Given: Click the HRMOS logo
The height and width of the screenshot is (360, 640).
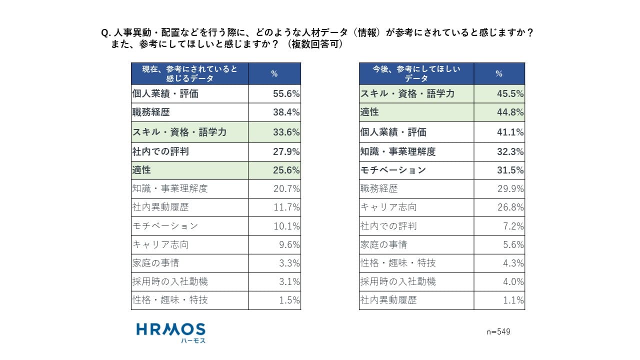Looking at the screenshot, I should [170, 332].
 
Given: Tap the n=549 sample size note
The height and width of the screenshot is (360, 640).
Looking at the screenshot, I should [498, 332].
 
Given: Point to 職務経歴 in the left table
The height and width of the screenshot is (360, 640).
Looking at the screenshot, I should [148, 112].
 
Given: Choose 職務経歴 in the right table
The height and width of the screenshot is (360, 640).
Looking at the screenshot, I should [379, 188].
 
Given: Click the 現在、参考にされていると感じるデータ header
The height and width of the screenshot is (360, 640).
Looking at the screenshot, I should [189, 73].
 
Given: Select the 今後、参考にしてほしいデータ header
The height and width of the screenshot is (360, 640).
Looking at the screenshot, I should [416, 73].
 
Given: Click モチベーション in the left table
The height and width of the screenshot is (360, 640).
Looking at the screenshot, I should [165, 226].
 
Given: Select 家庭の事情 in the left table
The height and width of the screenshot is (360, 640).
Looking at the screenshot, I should [155, 263].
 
